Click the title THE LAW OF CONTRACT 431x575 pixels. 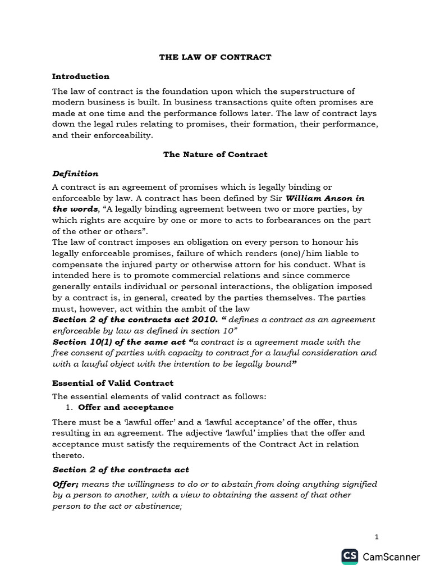pos(215,57)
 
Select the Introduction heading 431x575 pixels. pos(80,76)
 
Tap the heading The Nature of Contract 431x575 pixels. pos(215,154)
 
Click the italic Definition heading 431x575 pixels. pos(75,174)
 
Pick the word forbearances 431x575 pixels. pos(295,220)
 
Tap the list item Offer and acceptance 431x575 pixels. pos(126,407)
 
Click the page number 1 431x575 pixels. pos(377,537)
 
